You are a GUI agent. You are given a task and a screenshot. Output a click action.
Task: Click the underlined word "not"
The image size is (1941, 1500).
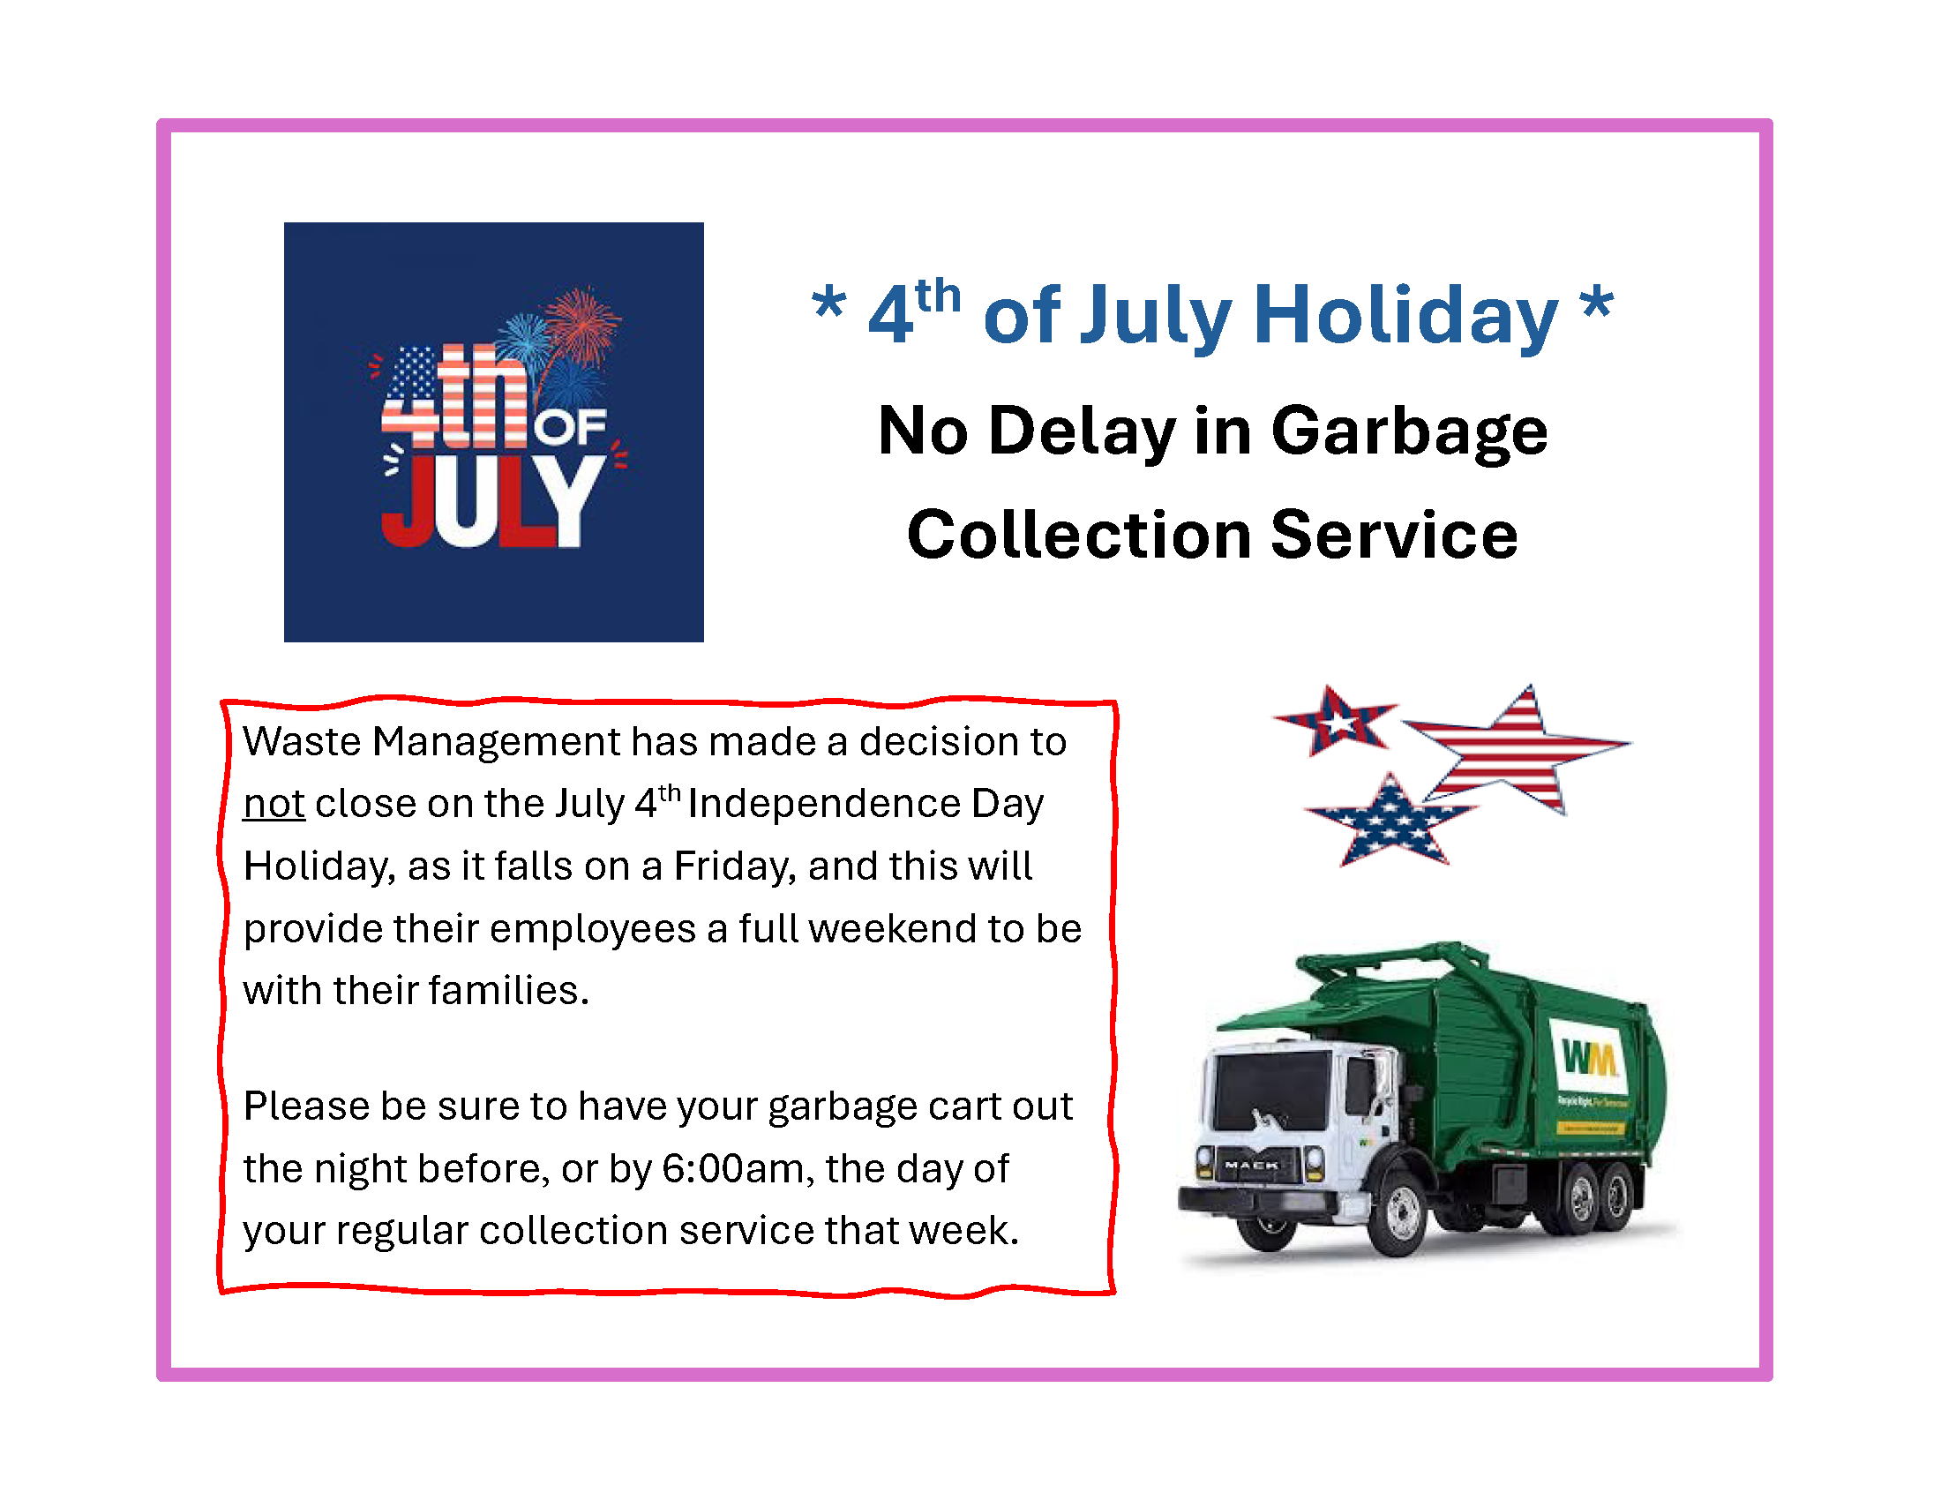[x=274, y=804]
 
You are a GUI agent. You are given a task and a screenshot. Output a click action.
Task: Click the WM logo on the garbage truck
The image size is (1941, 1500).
[x=1589, y=1057]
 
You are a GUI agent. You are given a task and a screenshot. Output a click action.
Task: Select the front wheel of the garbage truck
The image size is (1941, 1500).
[x=1399, y=1212]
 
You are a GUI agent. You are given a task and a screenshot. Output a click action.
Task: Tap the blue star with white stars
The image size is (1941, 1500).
[x=1390, y=822]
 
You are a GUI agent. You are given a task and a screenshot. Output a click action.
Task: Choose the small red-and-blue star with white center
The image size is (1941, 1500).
[x=1333, y=720]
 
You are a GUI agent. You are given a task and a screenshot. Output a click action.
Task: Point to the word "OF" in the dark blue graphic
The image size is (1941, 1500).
[x=570, y=427]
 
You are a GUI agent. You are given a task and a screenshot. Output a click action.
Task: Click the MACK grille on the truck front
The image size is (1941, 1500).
[x=1251, y=1165]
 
